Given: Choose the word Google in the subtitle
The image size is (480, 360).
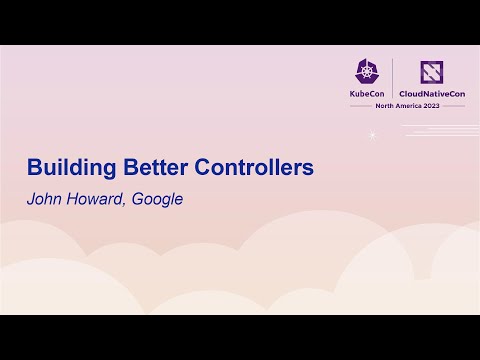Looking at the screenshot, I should pyautogui.click(x=157, y=198).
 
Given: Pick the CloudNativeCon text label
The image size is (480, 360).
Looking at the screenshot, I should pyautogui.click(x=430, y=94).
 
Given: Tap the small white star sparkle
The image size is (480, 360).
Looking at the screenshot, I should pyautogui.click(x=373, y=135).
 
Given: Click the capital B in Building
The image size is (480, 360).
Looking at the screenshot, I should pyautogui.click(x=33, y=167).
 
